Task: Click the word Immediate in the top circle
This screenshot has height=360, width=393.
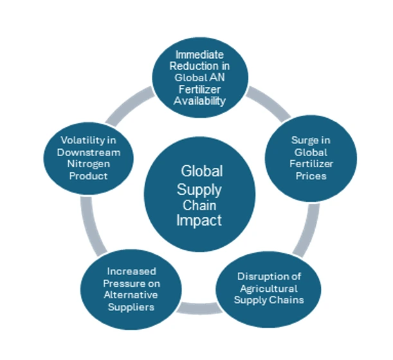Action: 199,55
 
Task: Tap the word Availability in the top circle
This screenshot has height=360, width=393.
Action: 199,101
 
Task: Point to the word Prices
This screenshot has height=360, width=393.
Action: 311,176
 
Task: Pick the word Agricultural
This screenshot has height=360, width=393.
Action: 269,289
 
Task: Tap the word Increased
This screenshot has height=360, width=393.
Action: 132,271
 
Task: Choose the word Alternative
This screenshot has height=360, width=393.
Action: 131,294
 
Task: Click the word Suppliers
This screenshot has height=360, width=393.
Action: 131,307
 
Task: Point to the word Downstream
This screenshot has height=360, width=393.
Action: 89,152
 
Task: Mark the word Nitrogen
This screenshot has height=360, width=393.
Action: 89,164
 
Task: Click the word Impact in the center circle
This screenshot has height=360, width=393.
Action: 199,221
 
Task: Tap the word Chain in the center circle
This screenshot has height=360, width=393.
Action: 199,206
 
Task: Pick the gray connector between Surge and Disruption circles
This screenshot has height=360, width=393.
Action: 308,231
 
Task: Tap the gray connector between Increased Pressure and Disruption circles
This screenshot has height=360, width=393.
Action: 199,309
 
